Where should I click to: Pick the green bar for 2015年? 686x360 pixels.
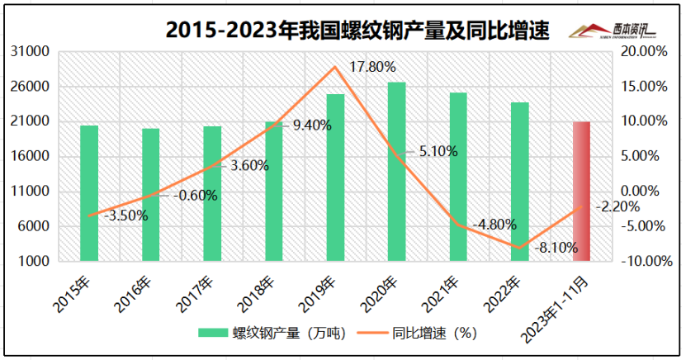[89, 193]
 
